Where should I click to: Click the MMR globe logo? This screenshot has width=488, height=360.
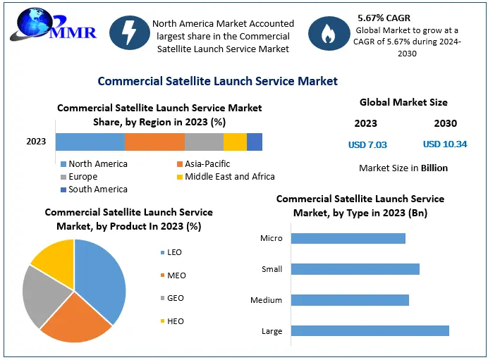coord(53,25)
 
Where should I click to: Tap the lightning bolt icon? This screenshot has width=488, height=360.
coord(130,32)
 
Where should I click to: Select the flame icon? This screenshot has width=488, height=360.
coord(329,33)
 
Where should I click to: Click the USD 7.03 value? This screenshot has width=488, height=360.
coord(367,145)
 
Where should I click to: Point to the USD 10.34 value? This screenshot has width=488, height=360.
coord(445,144)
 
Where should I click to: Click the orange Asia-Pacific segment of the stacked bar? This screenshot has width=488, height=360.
coord(154,142)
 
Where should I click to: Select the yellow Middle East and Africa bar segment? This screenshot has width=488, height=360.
coord(235,142)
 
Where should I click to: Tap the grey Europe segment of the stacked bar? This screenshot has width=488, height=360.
coord(205,142)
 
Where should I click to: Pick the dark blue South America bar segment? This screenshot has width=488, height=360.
coord(255,142)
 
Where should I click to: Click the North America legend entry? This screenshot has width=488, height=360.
coord(94,164)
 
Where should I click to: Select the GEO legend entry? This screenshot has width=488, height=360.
coord(172,298)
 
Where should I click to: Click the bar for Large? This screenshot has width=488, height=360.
coord(370,331)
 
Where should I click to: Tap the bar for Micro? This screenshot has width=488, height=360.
coord(348,238)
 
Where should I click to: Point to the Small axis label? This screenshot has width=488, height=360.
coord(272,269)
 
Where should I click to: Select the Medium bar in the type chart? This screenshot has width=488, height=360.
coord(350,300)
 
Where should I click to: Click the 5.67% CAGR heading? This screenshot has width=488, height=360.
coord(384,18)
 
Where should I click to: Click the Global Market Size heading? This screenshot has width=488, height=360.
coord(403,102)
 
